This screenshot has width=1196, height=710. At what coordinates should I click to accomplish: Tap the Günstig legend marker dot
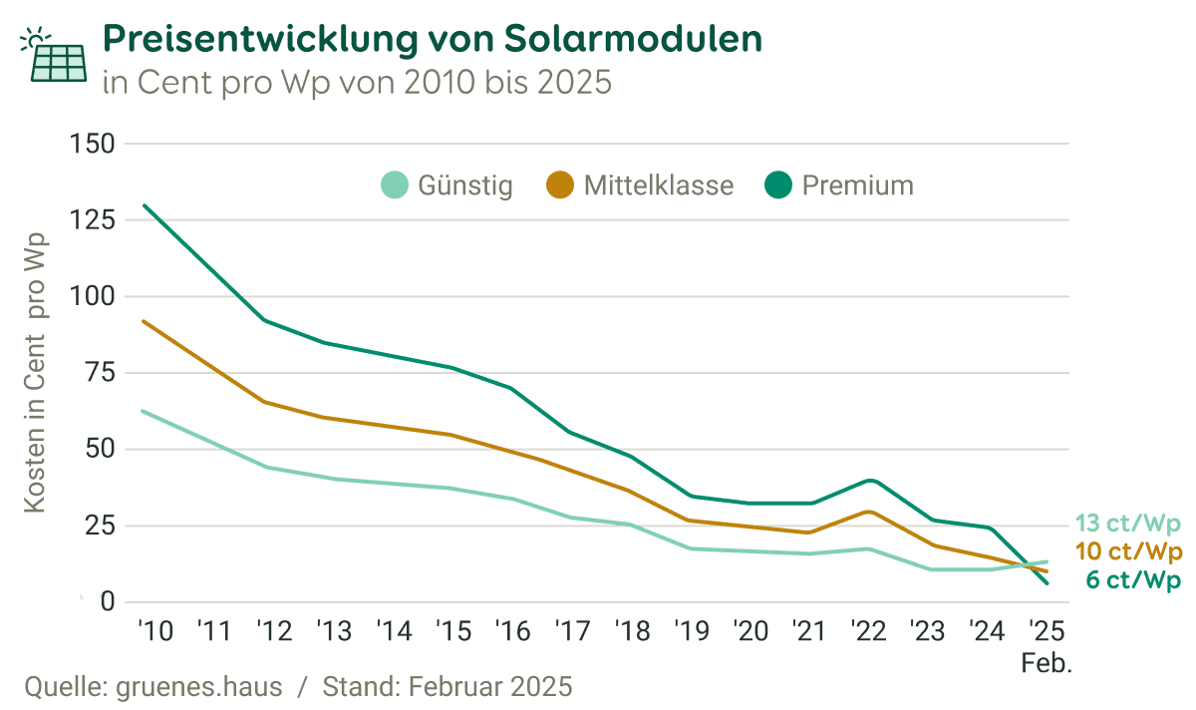[x=395, y=185]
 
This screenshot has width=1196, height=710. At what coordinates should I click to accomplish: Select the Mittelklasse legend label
[x=658, y=185]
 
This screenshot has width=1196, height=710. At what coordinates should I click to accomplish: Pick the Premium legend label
[x=857, y=185]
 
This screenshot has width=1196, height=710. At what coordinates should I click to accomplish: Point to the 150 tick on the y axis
[x=93, y=144]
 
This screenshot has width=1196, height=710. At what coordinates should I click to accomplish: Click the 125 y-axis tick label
[x=93, y=220]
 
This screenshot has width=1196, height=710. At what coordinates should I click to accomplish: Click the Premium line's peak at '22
[x=870, y=480]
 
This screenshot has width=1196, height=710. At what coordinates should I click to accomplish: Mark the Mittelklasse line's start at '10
[x=144, y=321]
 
